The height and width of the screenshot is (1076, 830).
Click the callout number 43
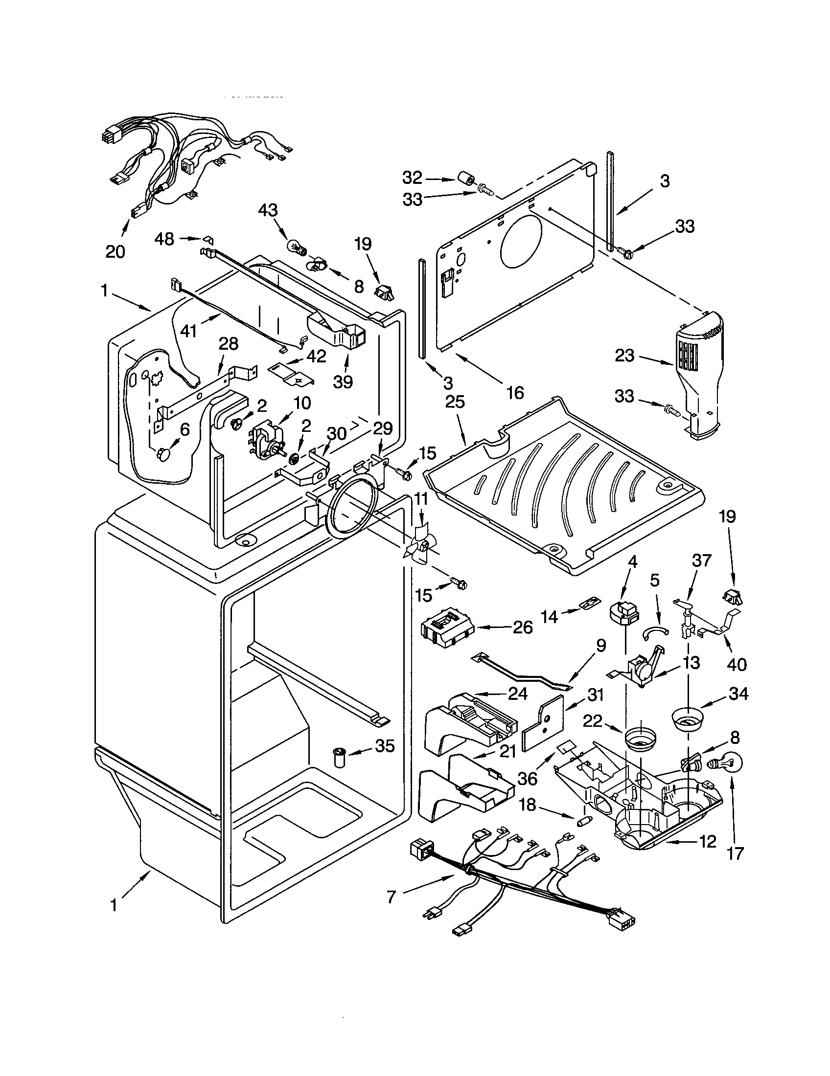[x=268, y=210]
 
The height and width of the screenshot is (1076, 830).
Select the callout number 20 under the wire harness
[x=115, y=252]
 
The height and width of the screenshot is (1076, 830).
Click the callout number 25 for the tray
[x=455, y=402]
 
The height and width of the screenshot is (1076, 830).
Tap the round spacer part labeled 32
[x=465, y=179]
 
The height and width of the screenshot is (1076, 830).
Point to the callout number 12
[x=707, y=842]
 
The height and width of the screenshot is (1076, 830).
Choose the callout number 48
[x=164, y=239]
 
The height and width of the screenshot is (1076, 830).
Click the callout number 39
[x=344, y=382]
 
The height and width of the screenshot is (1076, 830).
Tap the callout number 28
[x=228, y=344]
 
